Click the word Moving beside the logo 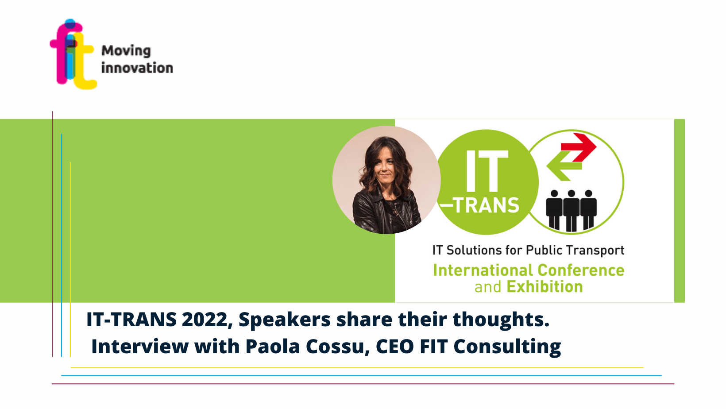pos(126,51)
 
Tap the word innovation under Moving pos(137,68)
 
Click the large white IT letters pos(487,171)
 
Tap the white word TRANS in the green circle pos(486,205)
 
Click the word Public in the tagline pos(544,250)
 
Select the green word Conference pos(581,270)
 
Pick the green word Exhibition pos(544,287)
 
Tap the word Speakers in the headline pos(285,320)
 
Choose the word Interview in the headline pos(140,347)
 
